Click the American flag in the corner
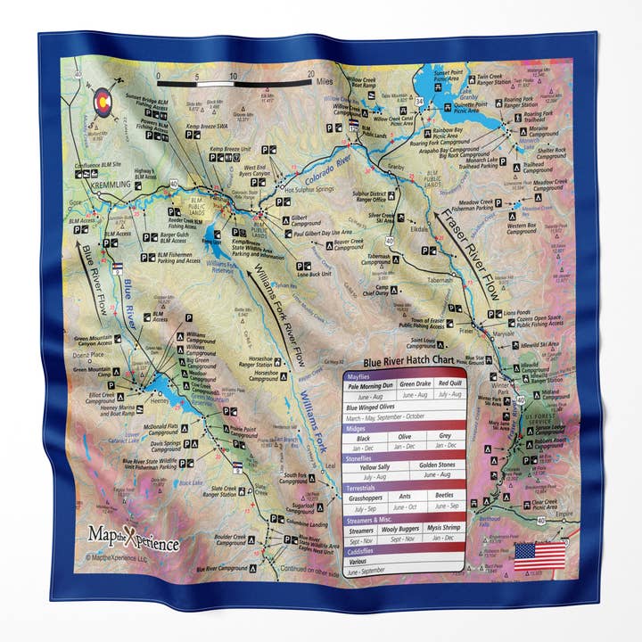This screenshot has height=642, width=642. click(539, 556)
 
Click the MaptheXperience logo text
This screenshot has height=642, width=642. click(134, 539)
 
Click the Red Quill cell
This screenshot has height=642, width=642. click(449, 385)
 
